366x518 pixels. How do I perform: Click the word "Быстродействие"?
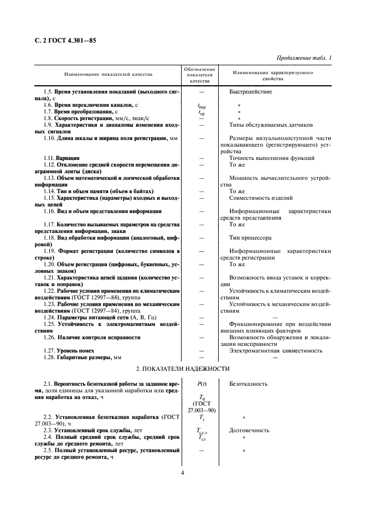[x=251, y=91]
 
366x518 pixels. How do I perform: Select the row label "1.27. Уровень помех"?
[x=69, y=350]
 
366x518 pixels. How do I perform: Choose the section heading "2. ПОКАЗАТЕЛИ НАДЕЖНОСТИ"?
[x=182, y=369]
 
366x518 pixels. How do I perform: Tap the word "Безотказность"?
[x=249, y=384]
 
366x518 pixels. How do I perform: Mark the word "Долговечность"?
[x=249, y=430]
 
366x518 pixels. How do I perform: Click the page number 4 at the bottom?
[x=182, y=473]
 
